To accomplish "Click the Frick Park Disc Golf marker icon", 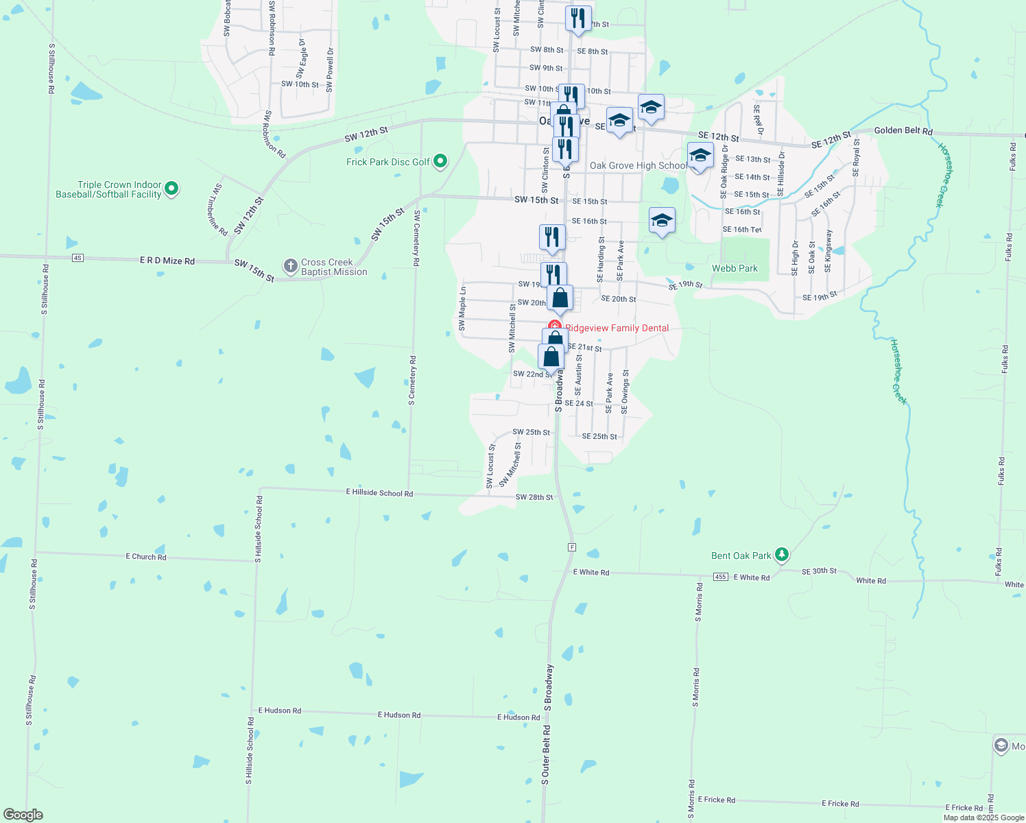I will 441,162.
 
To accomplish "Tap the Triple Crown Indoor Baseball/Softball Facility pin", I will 172,188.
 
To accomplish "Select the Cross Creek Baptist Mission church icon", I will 291,265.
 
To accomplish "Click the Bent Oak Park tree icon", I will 781,554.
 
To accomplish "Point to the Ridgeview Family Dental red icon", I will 554,327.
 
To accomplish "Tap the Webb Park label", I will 735,268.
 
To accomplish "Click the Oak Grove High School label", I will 638,165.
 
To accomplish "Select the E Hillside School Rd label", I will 379,492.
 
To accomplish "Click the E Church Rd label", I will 145,556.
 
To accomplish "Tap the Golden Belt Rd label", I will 903,130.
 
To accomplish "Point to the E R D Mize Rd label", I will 167,261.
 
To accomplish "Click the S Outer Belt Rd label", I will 546,754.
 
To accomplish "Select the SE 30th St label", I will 819,571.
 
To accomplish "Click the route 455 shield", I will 720,577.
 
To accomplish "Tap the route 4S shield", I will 77,258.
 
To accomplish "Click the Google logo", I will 23,815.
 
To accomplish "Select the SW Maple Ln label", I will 462,309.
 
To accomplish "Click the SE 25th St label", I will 599,436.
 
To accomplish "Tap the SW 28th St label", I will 534,497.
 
